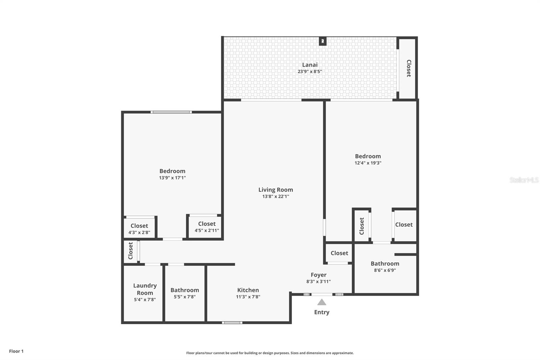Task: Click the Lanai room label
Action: [x=309, y=65]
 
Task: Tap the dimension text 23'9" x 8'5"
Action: [x=309, y=72]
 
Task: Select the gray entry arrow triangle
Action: [x=322, y=302]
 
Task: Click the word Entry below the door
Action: [x=322, y=312]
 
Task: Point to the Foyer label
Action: [x=318, y=275]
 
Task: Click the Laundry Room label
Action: [x=145, y=289]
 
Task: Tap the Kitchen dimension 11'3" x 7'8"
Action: [x=248, y=297]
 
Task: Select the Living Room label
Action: [x=275, y=190]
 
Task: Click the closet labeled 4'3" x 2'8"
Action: [x=139, y=229]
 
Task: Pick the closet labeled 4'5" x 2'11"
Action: [x=207, y=227]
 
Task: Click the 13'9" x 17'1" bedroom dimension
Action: [x=172, y=178]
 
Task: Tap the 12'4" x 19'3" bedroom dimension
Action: [x=368, y=163]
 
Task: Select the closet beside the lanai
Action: [x=408, y=68]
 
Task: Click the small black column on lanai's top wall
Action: [x=323, y=41]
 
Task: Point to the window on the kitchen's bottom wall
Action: [x=232, y=323]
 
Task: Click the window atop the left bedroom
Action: [x=171, y=112]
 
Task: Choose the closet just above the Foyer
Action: [x=339, y=253]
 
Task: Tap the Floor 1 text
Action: [x=16, y=351]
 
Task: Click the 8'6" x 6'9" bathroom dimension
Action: [x=385, y=270]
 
